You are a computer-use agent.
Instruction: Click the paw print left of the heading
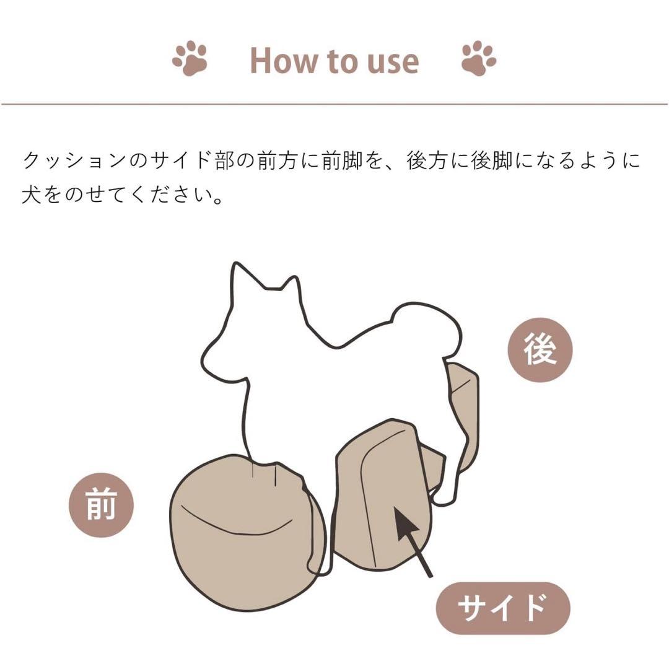190,58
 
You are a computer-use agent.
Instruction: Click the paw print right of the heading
478,58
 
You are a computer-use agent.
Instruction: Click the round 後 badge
540,350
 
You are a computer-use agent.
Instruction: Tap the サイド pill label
502,608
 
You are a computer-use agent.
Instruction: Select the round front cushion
242,533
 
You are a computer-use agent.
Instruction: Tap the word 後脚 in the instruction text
496,161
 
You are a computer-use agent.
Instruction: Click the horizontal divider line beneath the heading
334,104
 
